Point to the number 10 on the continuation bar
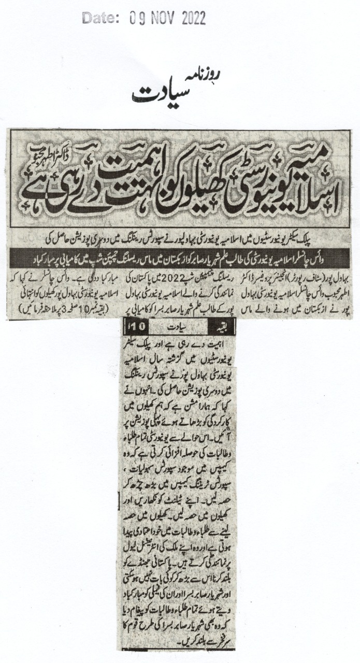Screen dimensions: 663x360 (x=129, y=327)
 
